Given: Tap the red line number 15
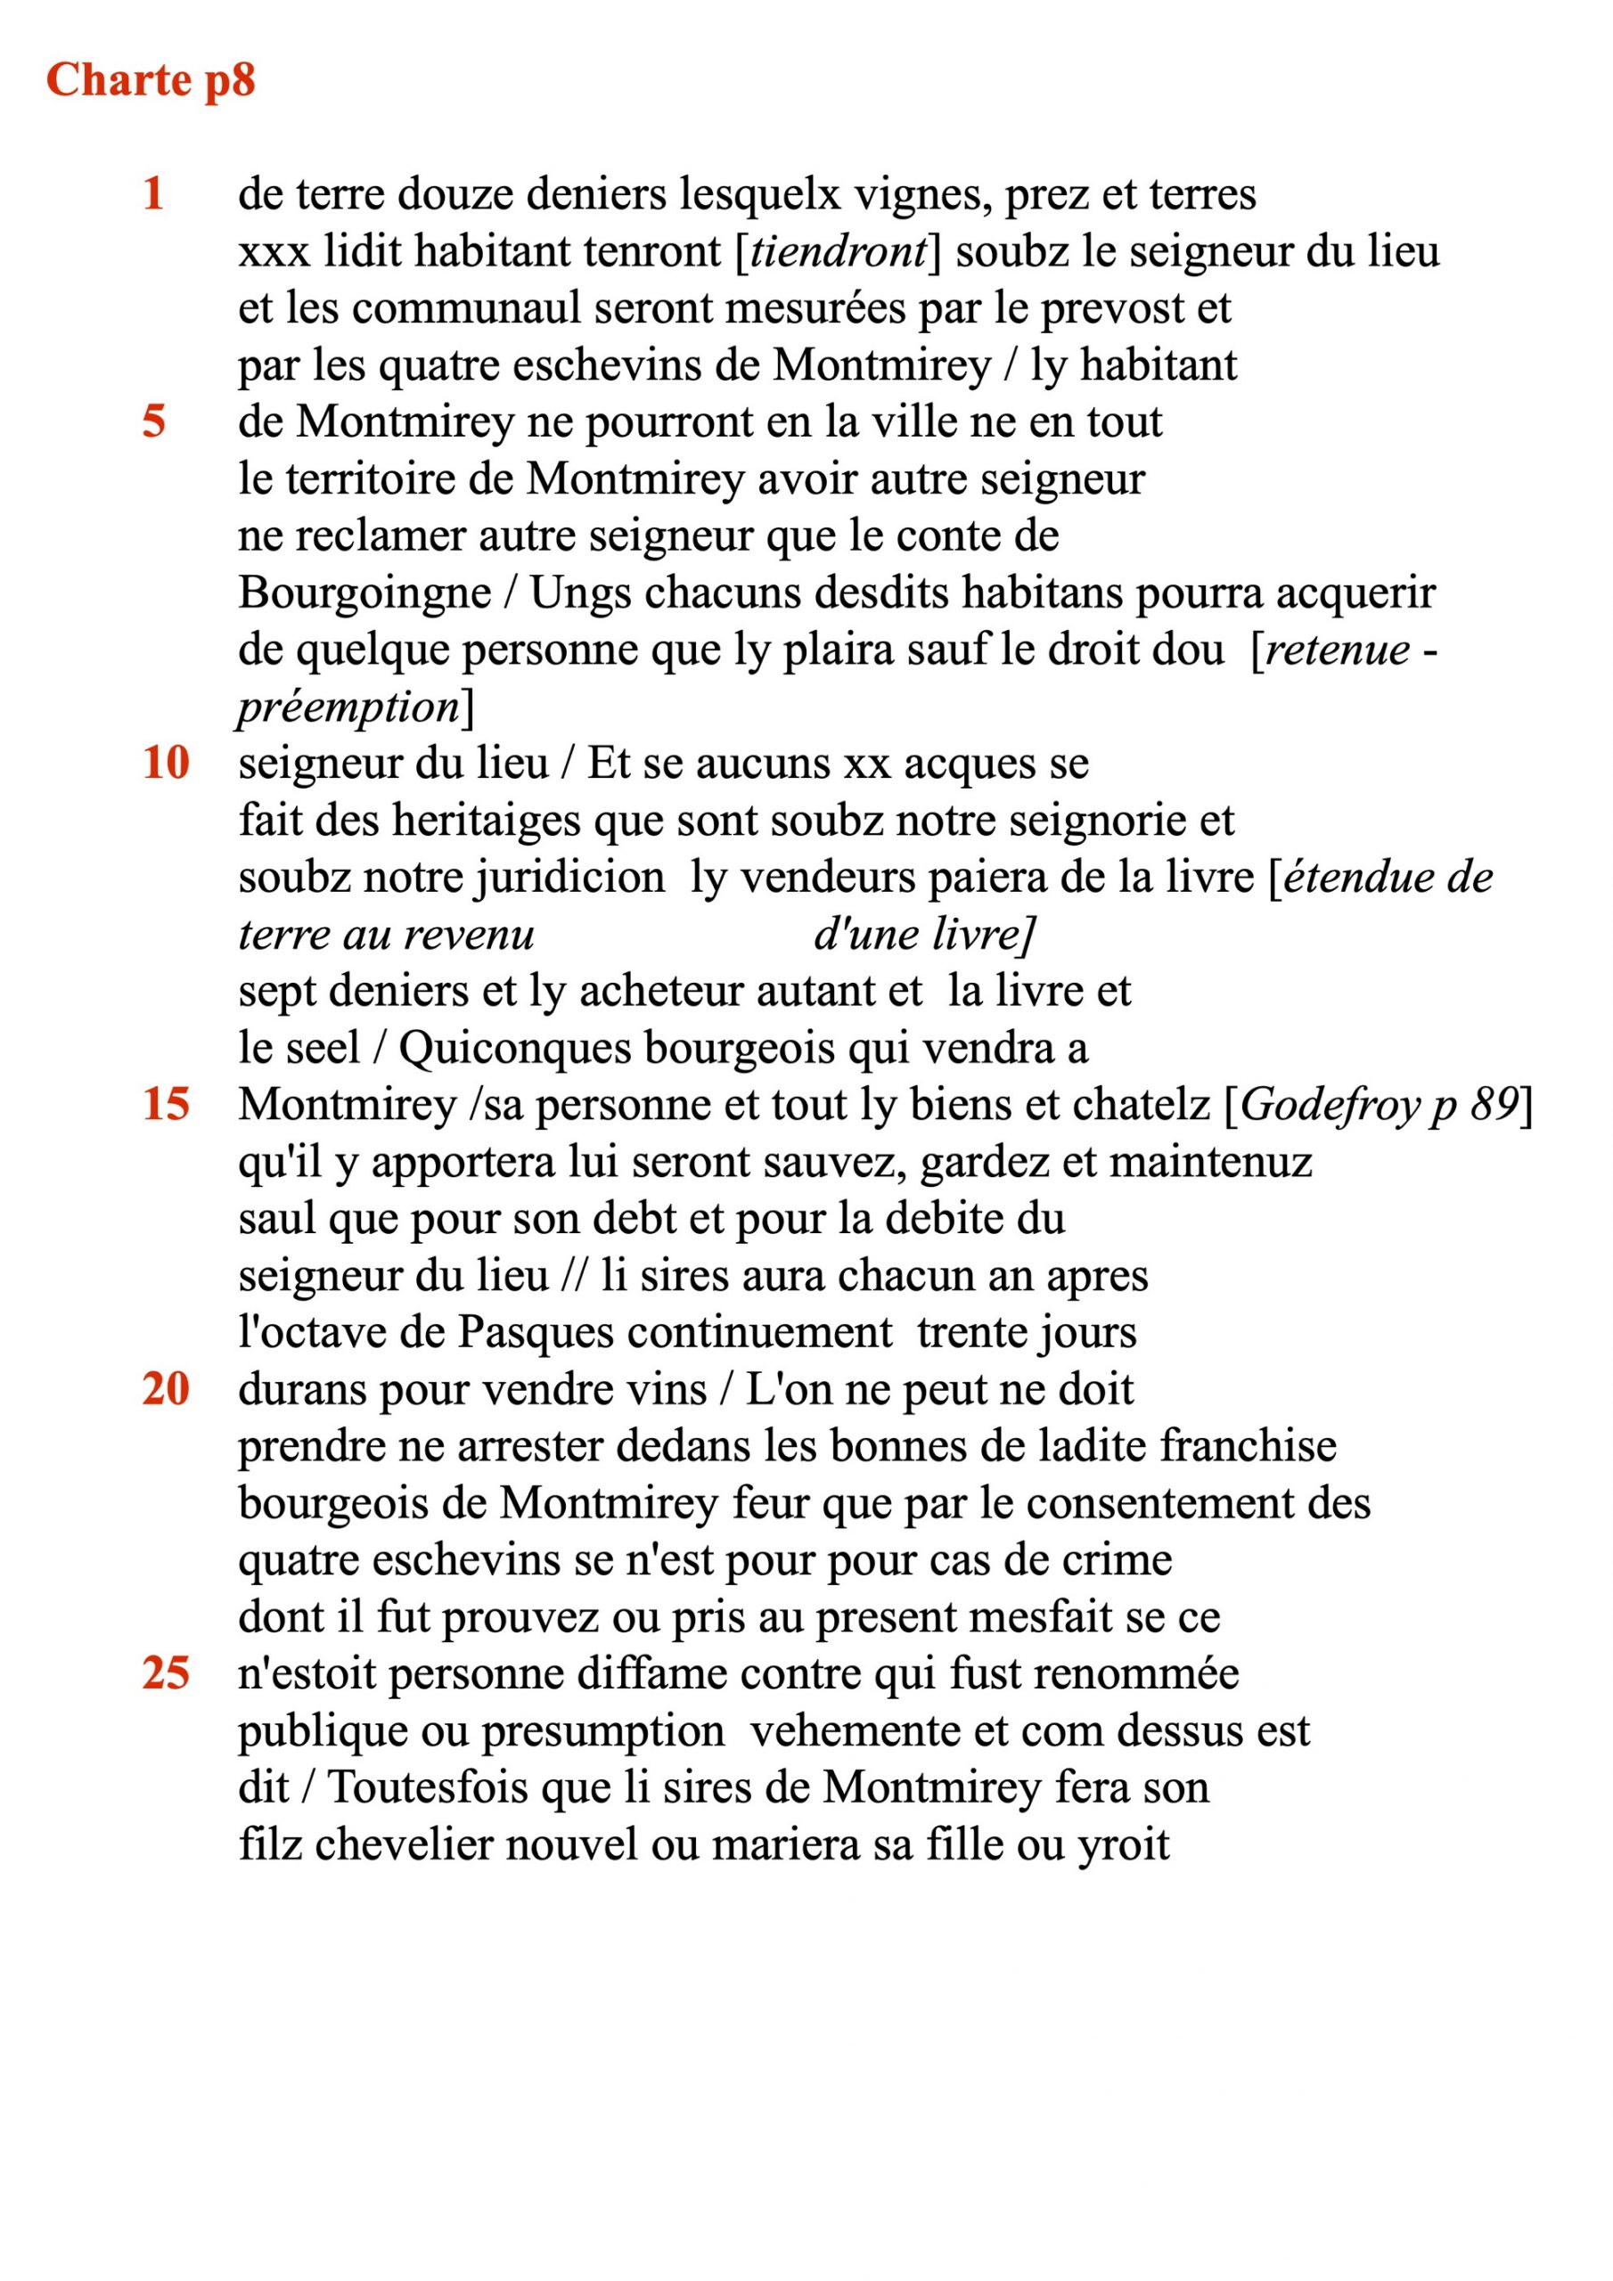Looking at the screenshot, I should [x=165, y=1104].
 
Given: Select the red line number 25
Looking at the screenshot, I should [x=165, y=1673].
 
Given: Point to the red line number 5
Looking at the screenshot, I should [x=154, y=421].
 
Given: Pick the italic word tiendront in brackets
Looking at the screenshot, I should [x=838, y=251].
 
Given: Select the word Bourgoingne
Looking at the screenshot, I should [x=364, y=593].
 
